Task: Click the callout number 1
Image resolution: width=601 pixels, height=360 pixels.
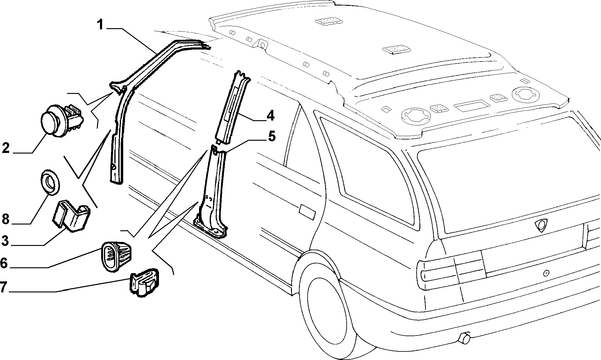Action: coord(101,24)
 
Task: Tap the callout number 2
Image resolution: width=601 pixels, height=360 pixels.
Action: coord(6,148)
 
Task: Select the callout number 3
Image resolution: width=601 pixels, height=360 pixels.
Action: coord(5,240)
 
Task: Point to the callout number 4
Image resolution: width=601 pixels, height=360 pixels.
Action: coord(270,116)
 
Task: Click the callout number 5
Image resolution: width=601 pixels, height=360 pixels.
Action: coord(271,136)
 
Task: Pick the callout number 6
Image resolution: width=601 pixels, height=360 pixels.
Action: coord(4,263)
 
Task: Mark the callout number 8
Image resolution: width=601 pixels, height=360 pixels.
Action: coord(6,219)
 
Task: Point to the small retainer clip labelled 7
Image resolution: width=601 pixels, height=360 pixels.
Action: coord(144,283)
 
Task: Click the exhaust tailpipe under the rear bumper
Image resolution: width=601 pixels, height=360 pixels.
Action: coord(464,338)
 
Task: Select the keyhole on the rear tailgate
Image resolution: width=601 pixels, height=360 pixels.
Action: coord(546,273)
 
